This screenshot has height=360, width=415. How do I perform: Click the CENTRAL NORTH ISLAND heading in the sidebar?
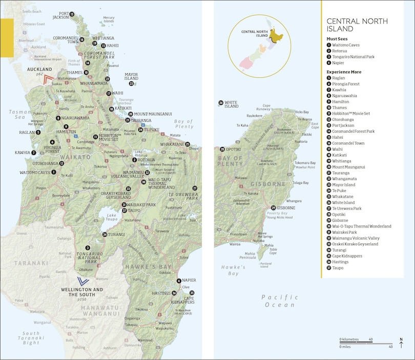(357, 25)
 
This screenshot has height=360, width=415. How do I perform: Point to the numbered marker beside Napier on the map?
(179, 281)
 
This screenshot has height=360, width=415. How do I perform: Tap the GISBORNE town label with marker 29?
(286, 208)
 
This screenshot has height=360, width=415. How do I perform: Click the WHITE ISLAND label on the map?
(232, 105)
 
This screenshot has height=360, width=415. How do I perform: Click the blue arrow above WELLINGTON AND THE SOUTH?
(82, 281)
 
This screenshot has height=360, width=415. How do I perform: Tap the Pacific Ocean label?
(279, 301)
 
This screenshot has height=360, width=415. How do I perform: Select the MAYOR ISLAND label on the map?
(131, 76)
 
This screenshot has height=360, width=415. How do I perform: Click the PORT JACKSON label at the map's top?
(60, 15)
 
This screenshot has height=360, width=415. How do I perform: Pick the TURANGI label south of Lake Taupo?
(117, 235)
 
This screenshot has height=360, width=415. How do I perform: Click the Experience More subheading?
(344, 72)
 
